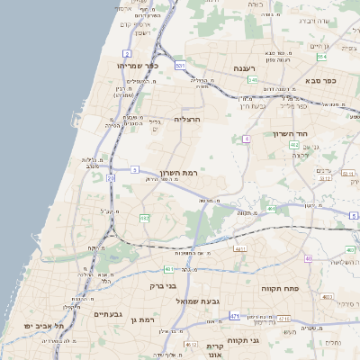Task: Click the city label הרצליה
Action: [191, 119]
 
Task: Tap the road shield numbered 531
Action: [181, 66]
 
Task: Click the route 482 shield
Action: [144, 218]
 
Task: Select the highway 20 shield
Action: [112, 178]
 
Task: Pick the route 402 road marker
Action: [309, 259]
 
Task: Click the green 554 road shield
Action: [321, 57]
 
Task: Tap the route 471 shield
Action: [234, 317]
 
